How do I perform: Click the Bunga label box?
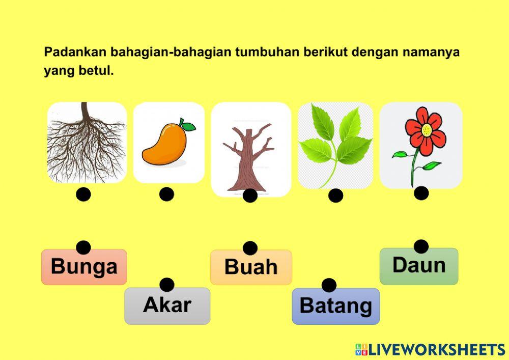84,266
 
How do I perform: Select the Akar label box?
167,306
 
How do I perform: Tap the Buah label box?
251,267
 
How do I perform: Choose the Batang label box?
335,306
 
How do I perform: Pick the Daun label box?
419,266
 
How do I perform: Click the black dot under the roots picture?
83,195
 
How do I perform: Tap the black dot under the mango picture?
166,195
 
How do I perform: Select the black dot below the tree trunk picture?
250,196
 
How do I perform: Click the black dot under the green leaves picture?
335,196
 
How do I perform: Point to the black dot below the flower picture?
421,193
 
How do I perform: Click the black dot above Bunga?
83,247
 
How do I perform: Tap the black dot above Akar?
166,285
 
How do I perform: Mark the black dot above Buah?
250,248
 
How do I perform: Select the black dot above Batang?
329,285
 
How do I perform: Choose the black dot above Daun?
421,246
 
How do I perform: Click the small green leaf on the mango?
188,125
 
